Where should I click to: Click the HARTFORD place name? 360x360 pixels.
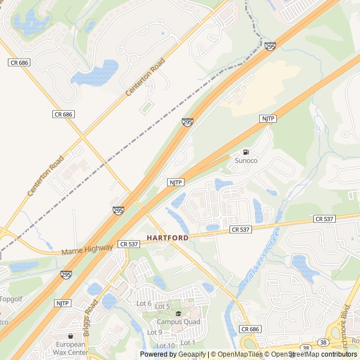click(168, 238)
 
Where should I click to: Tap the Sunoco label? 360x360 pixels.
click(246, 161)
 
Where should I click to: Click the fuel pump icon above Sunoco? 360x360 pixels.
click(246, 152)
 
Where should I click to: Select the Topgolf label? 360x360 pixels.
click(11, 299)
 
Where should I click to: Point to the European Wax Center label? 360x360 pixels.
click(71, 348)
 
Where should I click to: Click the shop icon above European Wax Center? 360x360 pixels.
click(70, 336)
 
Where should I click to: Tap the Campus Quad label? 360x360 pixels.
click(178, 322)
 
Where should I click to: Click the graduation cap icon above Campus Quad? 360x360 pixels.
click(178, 314)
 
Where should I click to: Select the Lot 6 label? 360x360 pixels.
click(144, 304)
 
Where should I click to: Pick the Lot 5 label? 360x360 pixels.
click(163, 307)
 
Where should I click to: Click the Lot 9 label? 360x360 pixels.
click(154, 332)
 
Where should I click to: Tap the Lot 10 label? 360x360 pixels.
click(165, 345)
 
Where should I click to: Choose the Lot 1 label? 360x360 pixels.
click(188, 343)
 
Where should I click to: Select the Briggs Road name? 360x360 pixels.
click(91, 317)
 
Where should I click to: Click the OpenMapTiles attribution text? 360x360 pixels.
click(237, 354)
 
